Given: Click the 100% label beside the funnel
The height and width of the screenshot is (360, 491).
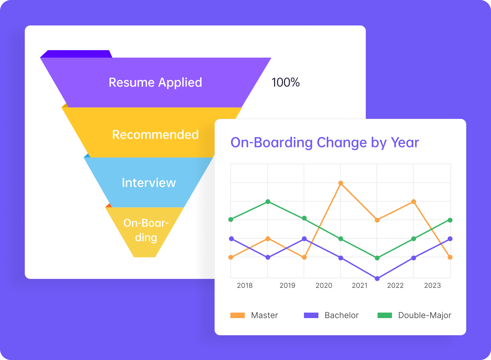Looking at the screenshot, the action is [x=285, y=82].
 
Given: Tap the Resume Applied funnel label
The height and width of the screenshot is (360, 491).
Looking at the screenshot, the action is [x=155, y=82].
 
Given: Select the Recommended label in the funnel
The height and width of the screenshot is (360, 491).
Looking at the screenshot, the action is [x=155, y=134].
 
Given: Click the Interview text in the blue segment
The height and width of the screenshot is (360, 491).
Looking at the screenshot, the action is [x=149, y=183].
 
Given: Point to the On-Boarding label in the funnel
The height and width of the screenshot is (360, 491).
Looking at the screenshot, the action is [x=146, y=230].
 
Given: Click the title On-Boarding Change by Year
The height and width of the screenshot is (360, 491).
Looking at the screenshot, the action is [x=325, y=143].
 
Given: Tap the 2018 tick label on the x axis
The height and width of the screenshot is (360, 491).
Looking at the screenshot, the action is [x=244, y=285].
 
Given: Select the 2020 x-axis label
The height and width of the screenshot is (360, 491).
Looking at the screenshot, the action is [x=324, y=285].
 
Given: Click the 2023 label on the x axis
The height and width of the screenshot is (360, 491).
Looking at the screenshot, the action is [x=432, y=285].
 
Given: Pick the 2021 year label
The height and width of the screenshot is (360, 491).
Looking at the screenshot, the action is [x=360, y=285].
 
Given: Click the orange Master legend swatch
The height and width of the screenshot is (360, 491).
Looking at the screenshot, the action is [x=237, y=315].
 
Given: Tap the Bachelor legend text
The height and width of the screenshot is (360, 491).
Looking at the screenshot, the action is [x=341, y=315].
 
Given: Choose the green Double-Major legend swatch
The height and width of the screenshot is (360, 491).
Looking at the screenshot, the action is [x=385, y=315].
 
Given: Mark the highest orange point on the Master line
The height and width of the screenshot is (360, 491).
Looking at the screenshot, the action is [x=341, y=183].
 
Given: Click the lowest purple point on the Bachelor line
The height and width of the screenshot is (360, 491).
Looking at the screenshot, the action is [x=377, y=279].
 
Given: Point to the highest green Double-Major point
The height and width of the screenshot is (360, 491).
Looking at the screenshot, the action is [x=268, y=201].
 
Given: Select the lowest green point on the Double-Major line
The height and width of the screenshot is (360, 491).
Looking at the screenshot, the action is [x=377, y=258].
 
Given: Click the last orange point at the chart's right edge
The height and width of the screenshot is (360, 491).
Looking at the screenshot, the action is [x=450, y=257].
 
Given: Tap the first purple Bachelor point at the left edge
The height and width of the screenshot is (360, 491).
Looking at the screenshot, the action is [x=231, y=239].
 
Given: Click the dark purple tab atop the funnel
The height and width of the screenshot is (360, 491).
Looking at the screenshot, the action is [x=77, y=54].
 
